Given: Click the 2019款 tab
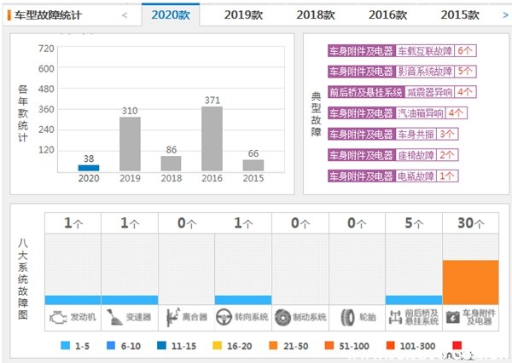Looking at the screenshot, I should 242,14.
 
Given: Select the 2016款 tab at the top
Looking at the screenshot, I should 387,14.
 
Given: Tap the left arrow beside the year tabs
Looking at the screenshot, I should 125,14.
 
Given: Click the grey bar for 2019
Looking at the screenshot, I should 130,144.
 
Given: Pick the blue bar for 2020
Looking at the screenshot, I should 89,168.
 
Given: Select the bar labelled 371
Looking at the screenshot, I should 212,138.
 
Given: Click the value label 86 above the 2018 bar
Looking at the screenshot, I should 172,148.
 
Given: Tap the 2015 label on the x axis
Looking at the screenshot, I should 253,178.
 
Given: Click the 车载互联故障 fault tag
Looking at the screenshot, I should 425,51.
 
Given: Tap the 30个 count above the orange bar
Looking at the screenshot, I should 470,223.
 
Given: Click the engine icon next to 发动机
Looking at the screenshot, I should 57,317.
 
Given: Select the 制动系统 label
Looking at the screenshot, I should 310,317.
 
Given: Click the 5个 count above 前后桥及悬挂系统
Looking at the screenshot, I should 413,223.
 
